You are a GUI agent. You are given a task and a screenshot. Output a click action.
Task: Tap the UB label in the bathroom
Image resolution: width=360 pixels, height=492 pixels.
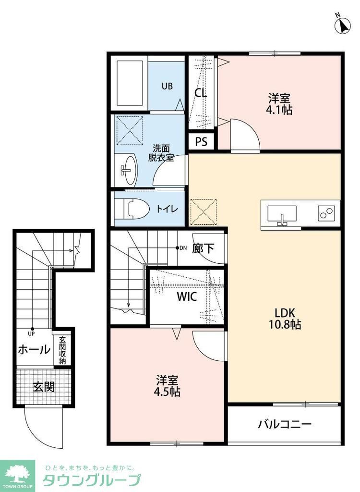point(167,86)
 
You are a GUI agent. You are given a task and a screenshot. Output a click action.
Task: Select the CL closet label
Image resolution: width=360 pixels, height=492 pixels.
point(201,93)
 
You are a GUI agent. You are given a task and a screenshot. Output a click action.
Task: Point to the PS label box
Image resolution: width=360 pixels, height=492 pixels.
point(201,142)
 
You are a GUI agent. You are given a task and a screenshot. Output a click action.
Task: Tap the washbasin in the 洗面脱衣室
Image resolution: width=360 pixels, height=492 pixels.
point(128,170)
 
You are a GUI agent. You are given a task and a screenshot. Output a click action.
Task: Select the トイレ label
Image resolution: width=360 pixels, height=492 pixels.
point(168,209)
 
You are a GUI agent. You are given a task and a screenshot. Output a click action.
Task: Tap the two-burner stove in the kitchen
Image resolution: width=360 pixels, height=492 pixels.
point(327,212)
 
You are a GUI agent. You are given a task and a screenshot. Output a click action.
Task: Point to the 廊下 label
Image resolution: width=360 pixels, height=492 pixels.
point(204,248)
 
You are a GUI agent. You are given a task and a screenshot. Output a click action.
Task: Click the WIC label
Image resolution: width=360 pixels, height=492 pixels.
point(186,296)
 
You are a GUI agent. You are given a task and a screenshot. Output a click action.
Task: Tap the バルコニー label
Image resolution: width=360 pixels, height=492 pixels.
point(285,424)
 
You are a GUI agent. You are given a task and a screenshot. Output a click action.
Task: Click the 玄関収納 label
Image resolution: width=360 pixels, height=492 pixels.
point(63,350)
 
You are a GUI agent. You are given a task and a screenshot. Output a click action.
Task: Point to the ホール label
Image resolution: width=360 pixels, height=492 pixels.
point(34,350)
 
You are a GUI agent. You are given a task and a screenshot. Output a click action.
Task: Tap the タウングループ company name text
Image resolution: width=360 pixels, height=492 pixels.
point(92,480)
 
